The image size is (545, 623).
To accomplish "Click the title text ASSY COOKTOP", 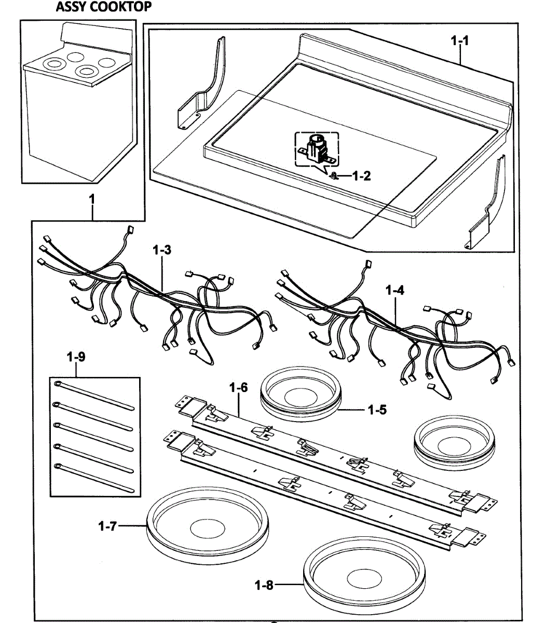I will (104, 7).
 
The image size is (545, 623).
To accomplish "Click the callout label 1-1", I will (460, 41).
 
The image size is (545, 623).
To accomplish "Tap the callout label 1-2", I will (361, 176).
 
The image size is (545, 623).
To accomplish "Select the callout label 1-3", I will (162, 250).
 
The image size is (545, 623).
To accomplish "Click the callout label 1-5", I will (377, 410).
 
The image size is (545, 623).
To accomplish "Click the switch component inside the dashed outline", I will (316, 149).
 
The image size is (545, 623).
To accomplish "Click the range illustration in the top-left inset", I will (78, 104).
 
